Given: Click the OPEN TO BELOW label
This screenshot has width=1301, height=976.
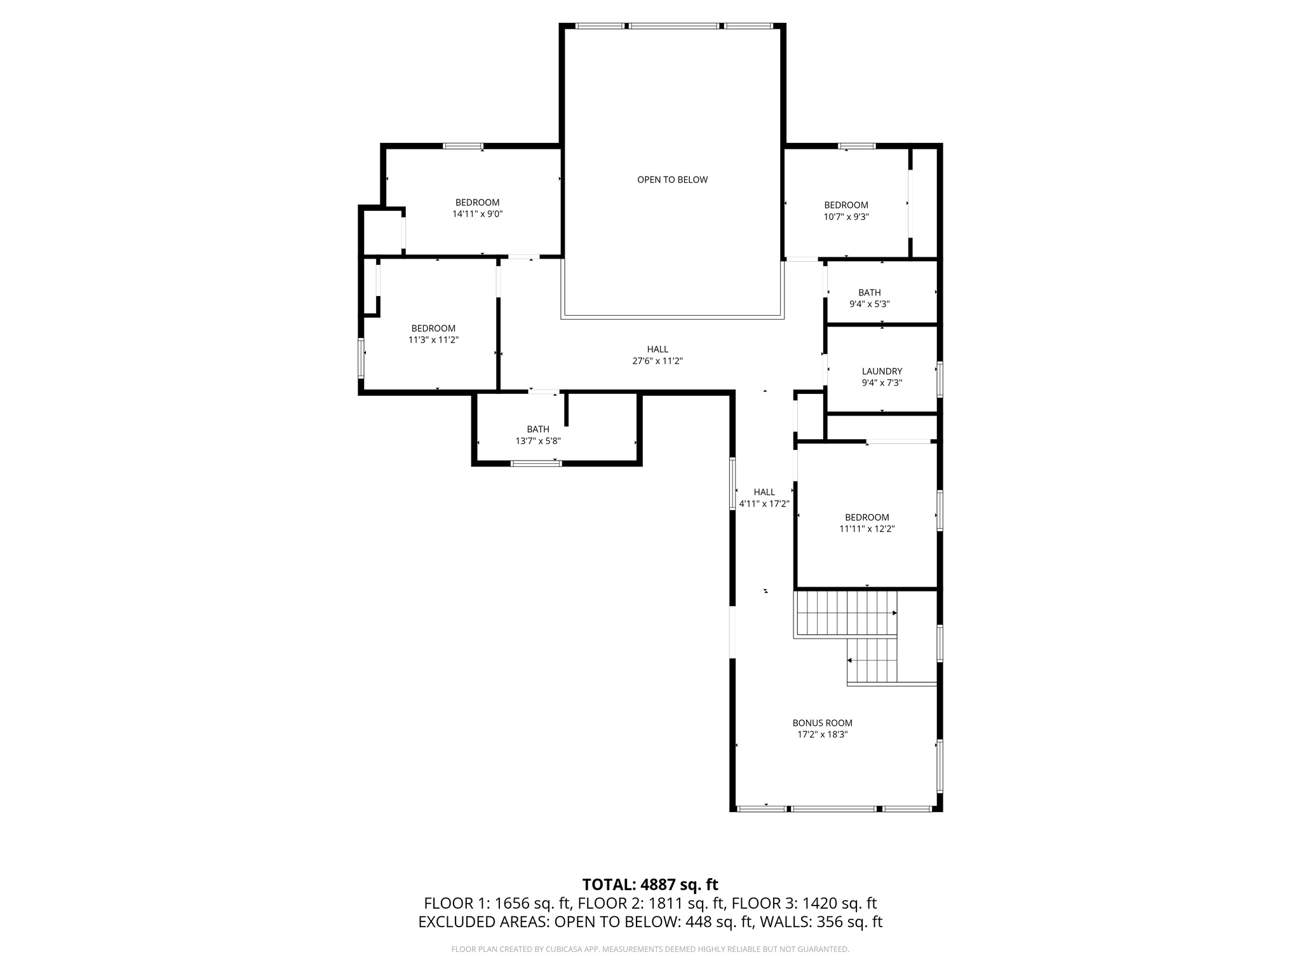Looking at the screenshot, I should click(x=672, y=180).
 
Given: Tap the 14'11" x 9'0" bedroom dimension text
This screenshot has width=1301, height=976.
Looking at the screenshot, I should click(x=477, y=214).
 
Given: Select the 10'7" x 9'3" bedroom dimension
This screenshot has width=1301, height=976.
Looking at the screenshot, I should click(x=846, y=217).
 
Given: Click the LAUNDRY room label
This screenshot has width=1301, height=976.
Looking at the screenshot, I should click(x=882, y=371).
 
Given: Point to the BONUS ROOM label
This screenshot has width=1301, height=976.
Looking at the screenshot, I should click(x=822, y=722).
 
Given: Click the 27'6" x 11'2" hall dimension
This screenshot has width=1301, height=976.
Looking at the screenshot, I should click(x=657, y=361).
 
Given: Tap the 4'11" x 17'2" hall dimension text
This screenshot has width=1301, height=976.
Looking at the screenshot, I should click(x=764, y=504).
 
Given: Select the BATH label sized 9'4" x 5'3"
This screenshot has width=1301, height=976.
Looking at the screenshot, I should click(x=869, y=292).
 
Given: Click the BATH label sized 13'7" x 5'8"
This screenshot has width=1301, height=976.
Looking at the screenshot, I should click(x=537, y=429).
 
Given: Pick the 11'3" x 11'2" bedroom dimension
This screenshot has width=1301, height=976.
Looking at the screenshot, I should click(x=433, y=340).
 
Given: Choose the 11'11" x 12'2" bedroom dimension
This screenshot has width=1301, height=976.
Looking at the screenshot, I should click(x=866, y=529).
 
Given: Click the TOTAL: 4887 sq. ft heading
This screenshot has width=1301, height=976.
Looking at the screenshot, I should click(x=650, y=884).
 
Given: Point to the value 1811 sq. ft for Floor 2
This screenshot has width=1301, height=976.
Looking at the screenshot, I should click(x=687, y=903).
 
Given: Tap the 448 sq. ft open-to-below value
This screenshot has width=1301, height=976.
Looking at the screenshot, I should click(x=719, y=922).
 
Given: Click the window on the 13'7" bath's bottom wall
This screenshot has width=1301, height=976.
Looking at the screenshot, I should click(x=536, y=463).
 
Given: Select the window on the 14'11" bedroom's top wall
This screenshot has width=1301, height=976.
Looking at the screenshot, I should click(x=462, y=146).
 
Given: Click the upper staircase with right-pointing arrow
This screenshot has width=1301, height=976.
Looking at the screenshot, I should click(x=845, y=613).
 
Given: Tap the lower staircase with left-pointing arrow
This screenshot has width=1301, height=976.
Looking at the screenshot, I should click(x=872, y=661).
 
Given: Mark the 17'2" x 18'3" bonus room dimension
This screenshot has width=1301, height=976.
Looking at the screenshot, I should click(x=822, y=735).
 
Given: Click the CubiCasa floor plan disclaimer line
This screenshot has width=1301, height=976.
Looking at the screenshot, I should click(x=650, y=949).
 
